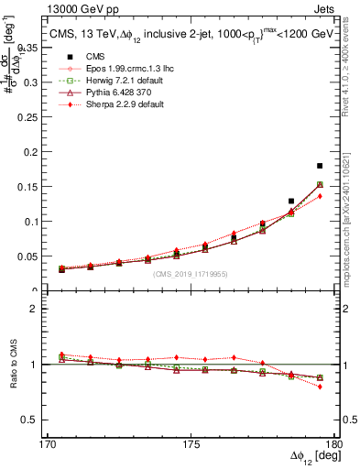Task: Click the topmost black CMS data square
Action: (x=320, y=166)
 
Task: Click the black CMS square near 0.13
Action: (x=291, y=201)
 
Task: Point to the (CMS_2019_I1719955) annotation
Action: (x=190, y=273)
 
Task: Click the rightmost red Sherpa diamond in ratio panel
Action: (x=320, y=387)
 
